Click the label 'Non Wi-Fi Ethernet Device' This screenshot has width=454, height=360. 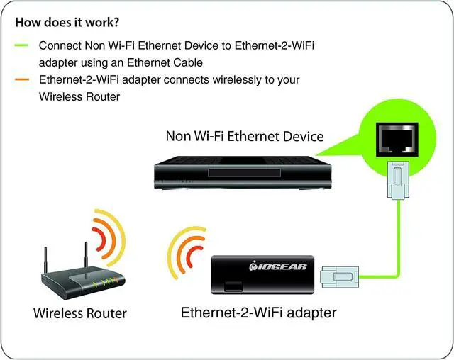tap(244, 136)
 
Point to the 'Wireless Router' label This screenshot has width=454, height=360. tap(79, 313)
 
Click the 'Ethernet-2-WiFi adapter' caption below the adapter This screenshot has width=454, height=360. tap(258, 312)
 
